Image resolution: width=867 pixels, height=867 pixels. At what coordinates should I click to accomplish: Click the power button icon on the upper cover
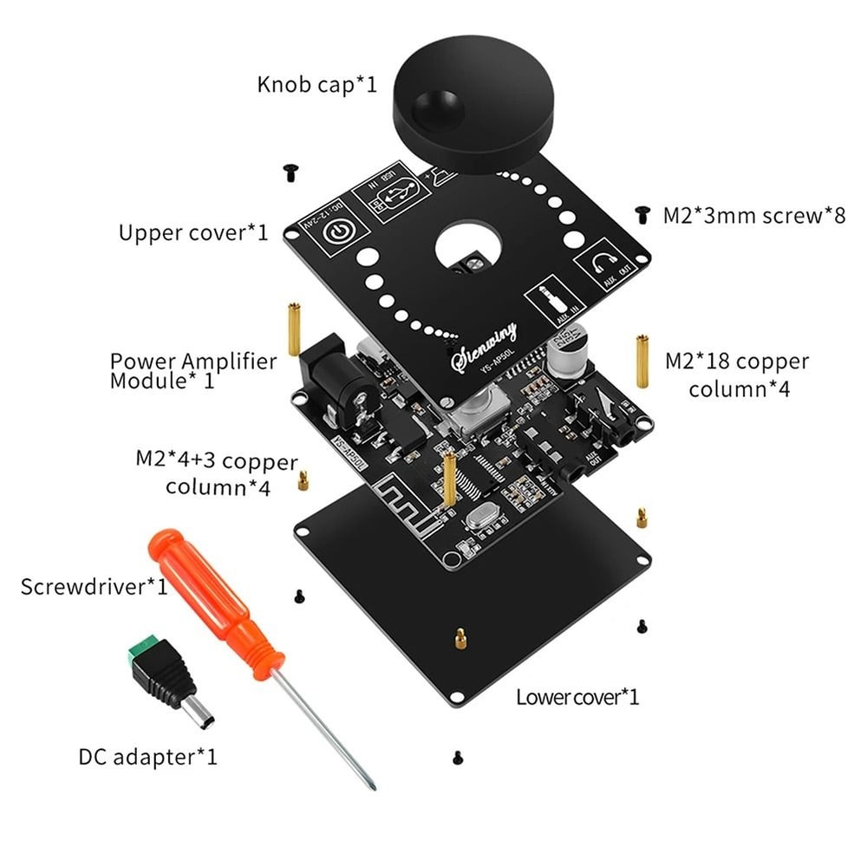[x=337, y=233]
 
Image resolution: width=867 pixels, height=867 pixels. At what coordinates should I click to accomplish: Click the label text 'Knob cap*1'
[x=316, y=85]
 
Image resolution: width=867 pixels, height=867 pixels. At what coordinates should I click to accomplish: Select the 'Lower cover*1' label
[x=577, y=696]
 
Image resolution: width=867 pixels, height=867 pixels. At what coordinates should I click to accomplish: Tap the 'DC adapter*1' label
[x=148, y=757]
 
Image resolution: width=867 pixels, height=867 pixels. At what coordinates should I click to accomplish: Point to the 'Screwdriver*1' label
[x=94, y=586]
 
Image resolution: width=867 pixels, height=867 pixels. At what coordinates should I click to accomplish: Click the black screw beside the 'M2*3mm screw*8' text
[x=642, y=212]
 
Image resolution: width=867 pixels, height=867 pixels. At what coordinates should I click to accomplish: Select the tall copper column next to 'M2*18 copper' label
[x=642, y=361]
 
